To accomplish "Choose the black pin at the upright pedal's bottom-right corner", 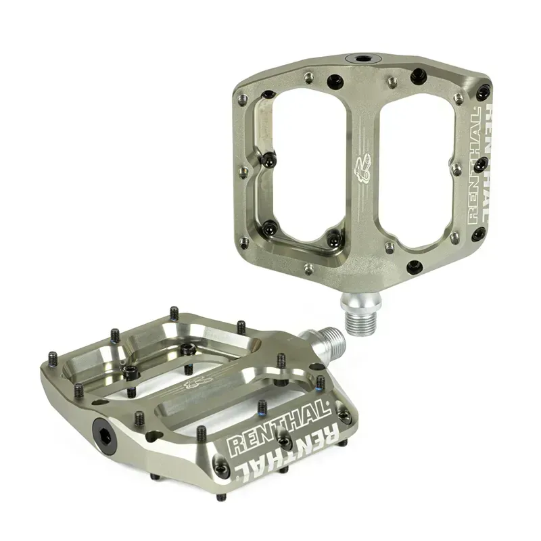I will point(479,235).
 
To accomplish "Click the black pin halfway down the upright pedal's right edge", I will point(481,163).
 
